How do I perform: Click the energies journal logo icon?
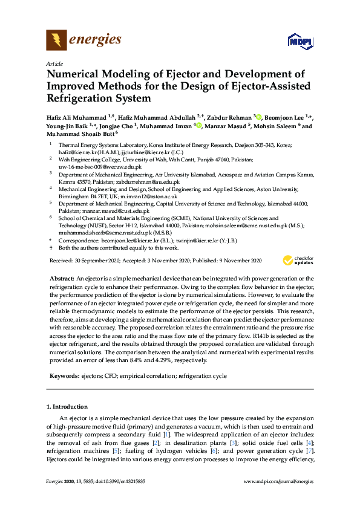point(57,41)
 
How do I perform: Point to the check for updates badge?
point(298,261)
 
